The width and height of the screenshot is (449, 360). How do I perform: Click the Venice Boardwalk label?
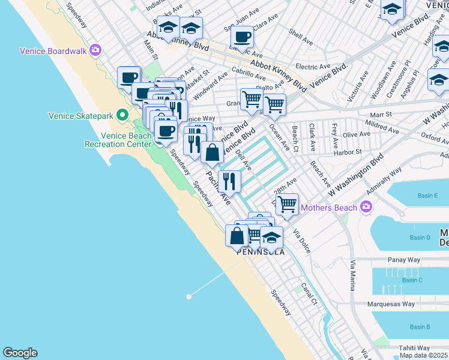pyautogui.click(x=53, y=51)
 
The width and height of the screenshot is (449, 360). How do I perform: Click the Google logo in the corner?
pyautogui.click(x=20, y=353)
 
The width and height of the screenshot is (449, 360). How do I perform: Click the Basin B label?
pyautogui.click(x=420, y=327)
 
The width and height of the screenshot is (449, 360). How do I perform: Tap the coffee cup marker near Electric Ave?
pyautogui.click(x=242, y=37)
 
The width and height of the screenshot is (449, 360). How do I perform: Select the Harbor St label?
pyautogui.click(x=350, y=152)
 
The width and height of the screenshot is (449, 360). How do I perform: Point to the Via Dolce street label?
pyautogui.click(x=301, y=240)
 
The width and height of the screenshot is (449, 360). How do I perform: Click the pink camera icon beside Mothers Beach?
pyautogui.click(x=366, y=208)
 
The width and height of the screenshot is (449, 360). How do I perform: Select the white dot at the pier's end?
pyautogui.click(x=189, y=296)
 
